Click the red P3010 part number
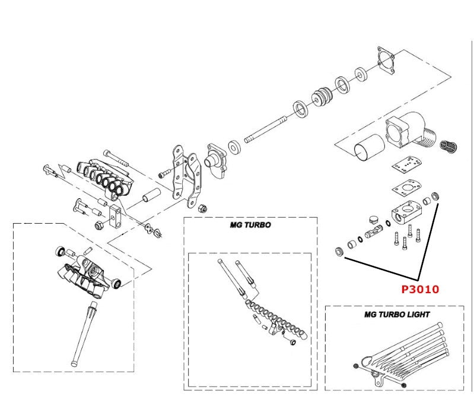point(420,290)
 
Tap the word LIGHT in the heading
point(415,315)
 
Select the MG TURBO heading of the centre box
point(250,226)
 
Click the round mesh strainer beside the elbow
point(452,145)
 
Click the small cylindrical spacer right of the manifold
point(152,196)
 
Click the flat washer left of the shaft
point(235,145)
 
